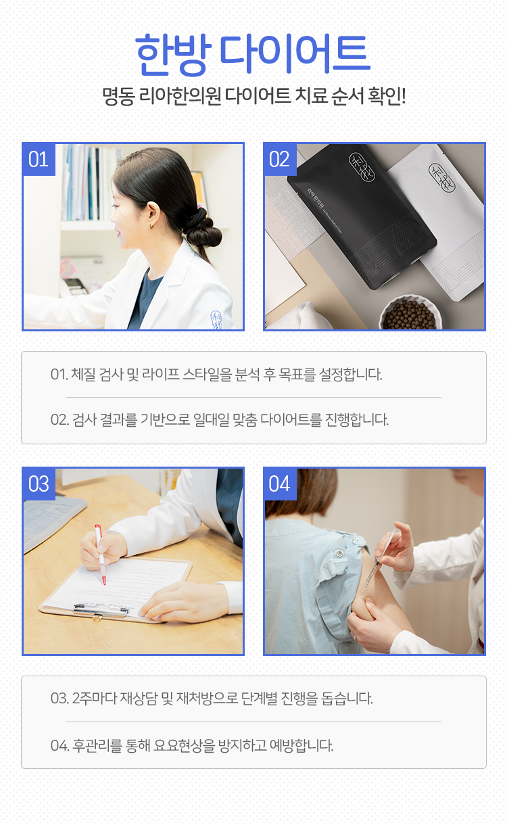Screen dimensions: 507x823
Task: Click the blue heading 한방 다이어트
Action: (x=253, y=54)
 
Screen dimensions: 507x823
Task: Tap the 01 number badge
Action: (x=39, y=160)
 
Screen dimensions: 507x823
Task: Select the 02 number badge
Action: (x=280, y=160)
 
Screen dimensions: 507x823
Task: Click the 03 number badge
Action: (x=39, y=484)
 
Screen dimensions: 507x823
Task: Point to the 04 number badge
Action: (x=280, y=484)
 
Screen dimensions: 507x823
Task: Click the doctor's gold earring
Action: (x=151, y=227)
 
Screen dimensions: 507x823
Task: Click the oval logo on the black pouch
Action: (x=362, y=167)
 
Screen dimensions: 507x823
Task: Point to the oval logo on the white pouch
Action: (x=442, y=178)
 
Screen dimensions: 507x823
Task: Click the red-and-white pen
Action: (x=100, y=555)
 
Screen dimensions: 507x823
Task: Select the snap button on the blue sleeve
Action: (x=340, y=553)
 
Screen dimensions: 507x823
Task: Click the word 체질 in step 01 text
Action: (x=83, y=375)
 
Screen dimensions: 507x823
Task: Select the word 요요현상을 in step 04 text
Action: (x=184, y=745)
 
